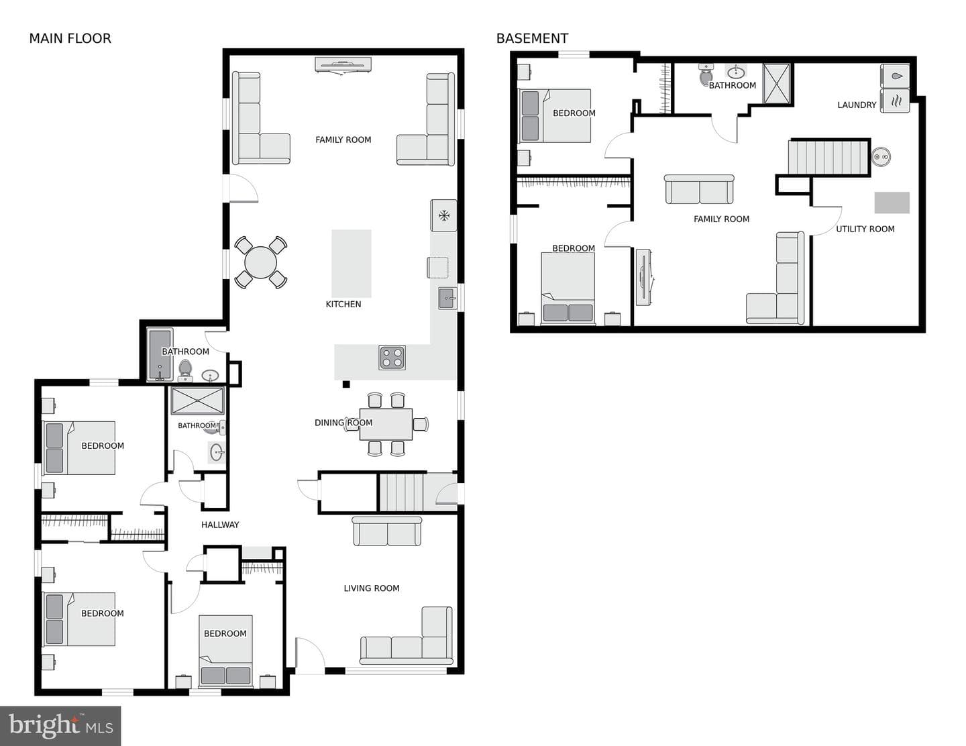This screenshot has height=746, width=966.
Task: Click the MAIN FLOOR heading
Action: coord(70,39)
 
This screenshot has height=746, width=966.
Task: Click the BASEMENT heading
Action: coord(532,39)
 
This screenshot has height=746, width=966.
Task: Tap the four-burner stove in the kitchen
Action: coord(392,358)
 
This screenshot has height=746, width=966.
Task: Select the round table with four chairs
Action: coord(261,262)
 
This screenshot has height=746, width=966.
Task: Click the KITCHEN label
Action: coord(343,304)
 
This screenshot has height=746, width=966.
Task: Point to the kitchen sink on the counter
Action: coord(447,298)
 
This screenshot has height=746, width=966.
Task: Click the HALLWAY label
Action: coord(220,525)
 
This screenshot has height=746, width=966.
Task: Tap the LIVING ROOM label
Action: coord(372,588)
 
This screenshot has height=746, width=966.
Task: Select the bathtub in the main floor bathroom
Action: coord(160,355)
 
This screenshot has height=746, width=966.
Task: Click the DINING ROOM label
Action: coord(343,423)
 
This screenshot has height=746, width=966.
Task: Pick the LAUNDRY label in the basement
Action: coord(857,105)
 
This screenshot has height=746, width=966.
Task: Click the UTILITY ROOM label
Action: coord(865,229)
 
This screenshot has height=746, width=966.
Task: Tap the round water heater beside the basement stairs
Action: coord(881,156)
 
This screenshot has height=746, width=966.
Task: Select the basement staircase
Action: coord(828,158)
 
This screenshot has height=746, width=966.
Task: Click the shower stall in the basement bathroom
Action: coord(777,83)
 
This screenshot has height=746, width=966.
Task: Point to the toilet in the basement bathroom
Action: coord(706,74)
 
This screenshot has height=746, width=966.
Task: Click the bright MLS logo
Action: coord(60,726)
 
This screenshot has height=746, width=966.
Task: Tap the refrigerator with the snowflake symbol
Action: coord(443,215)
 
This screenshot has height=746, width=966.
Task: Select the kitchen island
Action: coord(352,264)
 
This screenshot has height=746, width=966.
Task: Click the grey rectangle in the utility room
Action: coord(892,203)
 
